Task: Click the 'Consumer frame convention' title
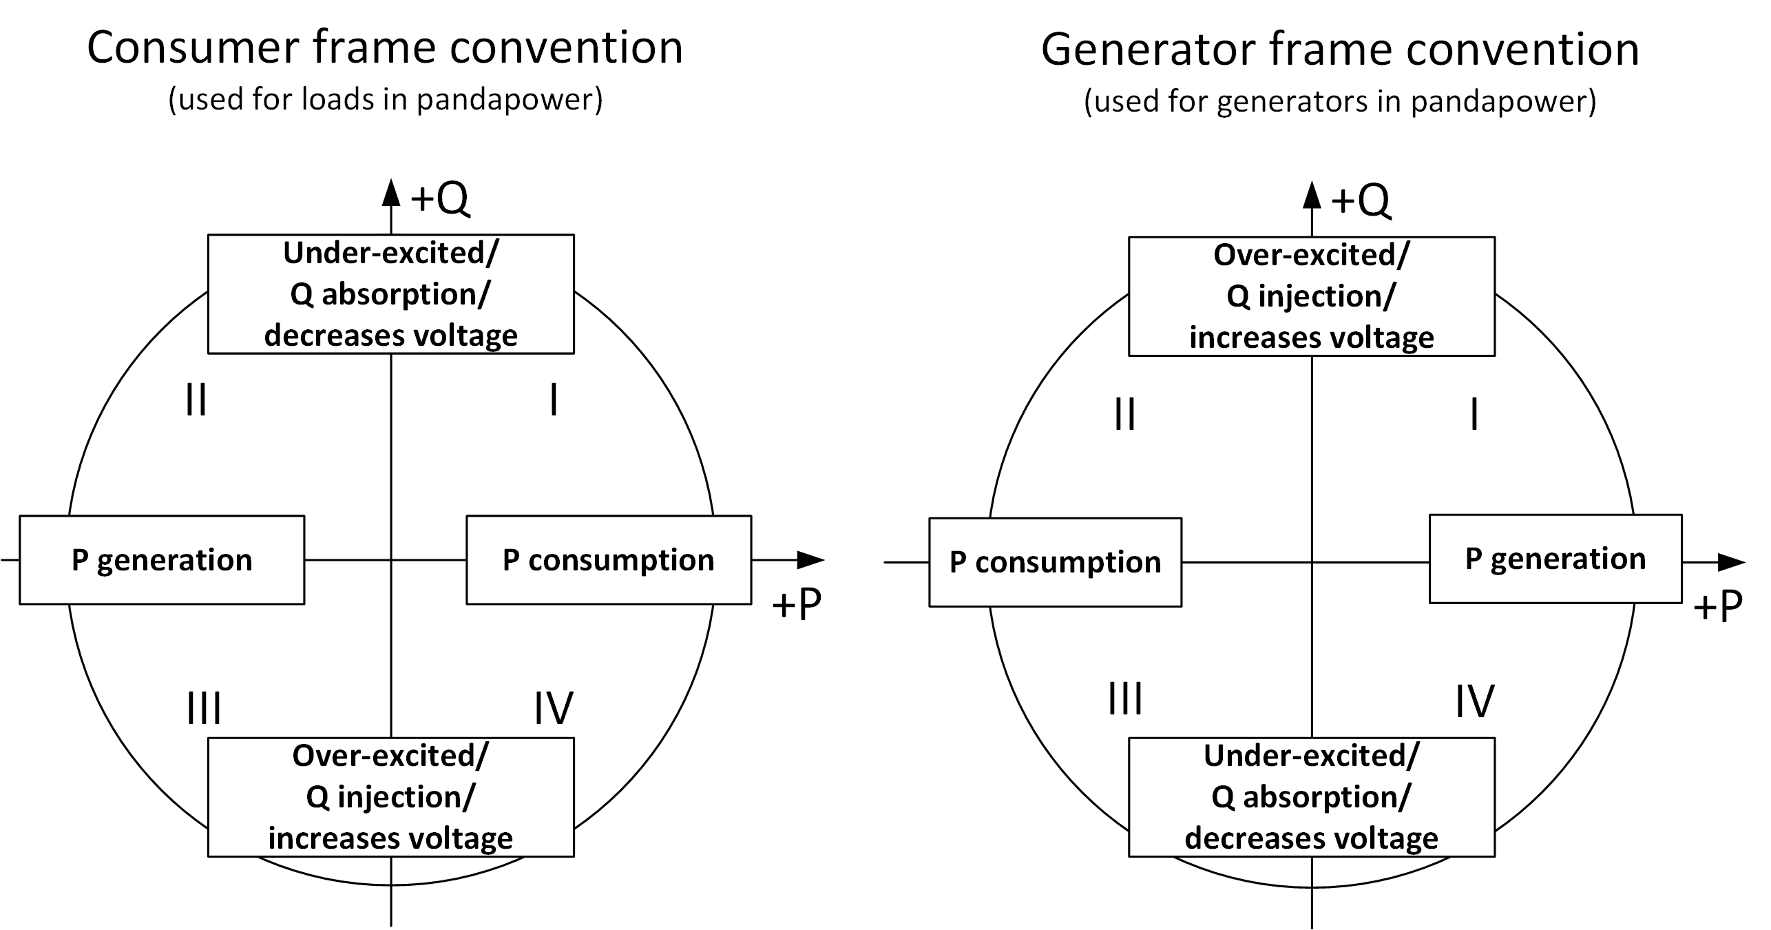385,48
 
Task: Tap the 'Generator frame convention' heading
1339,50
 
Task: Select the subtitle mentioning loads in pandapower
385,100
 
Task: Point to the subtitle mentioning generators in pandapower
1339,102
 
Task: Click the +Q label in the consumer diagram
439,198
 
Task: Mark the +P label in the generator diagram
1717,607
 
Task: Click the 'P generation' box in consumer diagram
162,560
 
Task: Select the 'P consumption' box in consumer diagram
609,560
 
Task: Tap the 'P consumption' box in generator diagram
1055,562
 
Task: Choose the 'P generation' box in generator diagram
1555,559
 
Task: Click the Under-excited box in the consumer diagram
390,294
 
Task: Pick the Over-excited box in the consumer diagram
390,797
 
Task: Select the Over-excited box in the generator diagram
1311,296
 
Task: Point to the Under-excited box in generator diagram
1311,797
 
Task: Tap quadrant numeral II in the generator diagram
1124,415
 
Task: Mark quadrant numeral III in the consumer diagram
204,708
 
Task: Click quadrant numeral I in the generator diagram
1474,415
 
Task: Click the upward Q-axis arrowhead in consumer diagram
391,193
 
